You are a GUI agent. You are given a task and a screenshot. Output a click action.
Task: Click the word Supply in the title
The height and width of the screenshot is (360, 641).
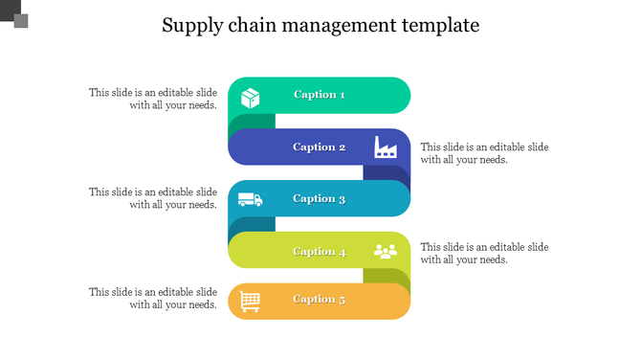tap(189, 26)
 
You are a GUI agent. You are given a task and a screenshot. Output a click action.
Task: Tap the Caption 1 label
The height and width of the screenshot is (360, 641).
tap(320, 95)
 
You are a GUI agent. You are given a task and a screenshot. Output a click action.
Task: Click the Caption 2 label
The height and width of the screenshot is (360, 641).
tap(320, 147)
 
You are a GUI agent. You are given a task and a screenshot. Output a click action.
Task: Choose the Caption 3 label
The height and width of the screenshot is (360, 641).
tap(320, 199)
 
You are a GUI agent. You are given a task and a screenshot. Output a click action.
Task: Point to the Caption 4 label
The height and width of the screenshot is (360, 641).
tap(320, 252)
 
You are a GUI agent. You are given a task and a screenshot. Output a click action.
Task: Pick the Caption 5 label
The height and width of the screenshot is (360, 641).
tap(320, 300)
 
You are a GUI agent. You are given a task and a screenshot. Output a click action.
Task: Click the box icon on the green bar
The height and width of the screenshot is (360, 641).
tap(251, 98)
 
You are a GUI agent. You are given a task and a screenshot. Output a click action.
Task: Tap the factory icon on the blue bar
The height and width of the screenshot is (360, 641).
tap(385, 147)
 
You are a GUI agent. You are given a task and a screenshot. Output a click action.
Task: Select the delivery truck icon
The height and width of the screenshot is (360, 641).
tap(250, 200)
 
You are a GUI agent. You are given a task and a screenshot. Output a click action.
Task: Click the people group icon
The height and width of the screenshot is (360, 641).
tap(385, 252)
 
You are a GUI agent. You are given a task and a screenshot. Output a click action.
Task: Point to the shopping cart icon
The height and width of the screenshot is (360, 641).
tap(250, 301)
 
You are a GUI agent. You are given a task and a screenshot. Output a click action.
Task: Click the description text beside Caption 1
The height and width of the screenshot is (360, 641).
tap(153, 99)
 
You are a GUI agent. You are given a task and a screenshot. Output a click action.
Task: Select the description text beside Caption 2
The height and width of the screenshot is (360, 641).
tap(484, 153)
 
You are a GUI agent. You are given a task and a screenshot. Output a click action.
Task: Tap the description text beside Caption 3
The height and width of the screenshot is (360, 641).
tap(153, 198)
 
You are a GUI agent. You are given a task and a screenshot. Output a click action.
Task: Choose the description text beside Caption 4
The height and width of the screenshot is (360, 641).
tap(484, 253)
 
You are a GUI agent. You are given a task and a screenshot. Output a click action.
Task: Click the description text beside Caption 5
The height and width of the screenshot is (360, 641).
tap(153, 298)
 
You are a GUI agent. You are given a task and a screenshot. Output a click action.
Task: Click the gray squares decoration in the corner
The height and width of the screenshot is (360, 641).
tap(13, 13)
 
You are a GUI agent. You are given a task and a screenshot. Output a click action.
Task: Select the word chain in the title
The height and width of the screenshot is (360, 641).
tap(249, 26)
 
